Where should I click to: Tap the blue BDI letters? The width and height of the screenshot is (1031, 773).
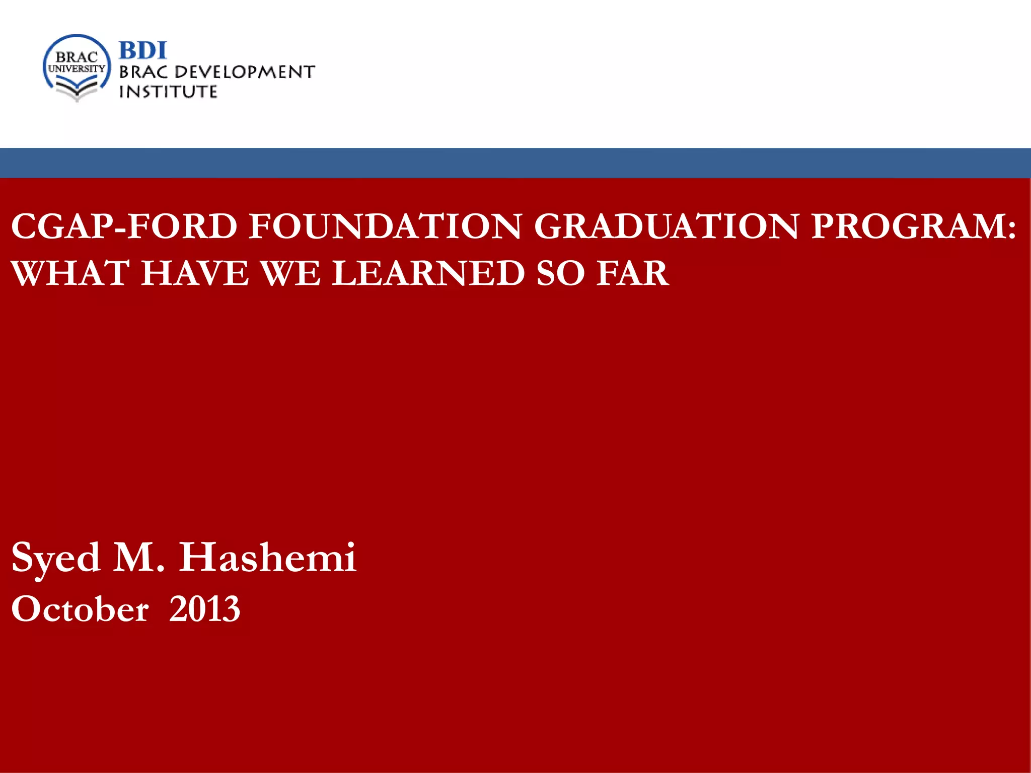tap(142, 50)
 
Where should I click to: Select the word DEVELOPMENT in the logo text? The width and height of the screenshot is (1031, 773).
tap(245, 72)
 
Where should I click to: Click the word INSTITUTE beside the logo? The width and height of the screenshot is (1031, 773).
tap(168, 92)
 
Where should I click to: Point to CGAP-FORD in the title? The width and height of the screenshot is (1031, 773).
tap(124, 226)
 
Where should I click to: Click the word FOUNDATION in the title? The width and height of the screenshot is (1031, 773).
tap(386, 226)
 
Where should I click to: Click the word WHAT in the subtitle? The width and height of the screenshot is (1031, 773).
tap(70, 273)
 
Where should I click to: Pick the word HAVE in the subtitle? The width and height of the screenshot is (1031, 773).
tap(195, 273)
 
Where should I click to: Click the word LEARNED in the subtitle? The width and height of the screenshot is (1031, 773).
tap(428, 273)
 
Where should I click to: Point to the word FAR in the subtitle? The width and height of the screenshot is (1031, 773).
tap(632, 273)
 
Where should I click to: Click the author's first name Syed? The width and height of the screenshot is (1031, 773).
tap(55, 559)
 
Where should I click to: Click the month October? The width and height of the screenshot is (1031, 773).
tap(80, 609)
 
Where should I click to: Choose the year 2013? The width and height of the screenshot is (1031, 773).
tap(204, 609)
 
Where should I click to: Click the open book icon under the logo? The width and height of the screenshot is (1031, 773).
tap(77, 91)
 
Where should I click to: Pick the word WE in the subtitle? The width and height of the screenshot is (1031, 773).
tap(290, 273)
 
